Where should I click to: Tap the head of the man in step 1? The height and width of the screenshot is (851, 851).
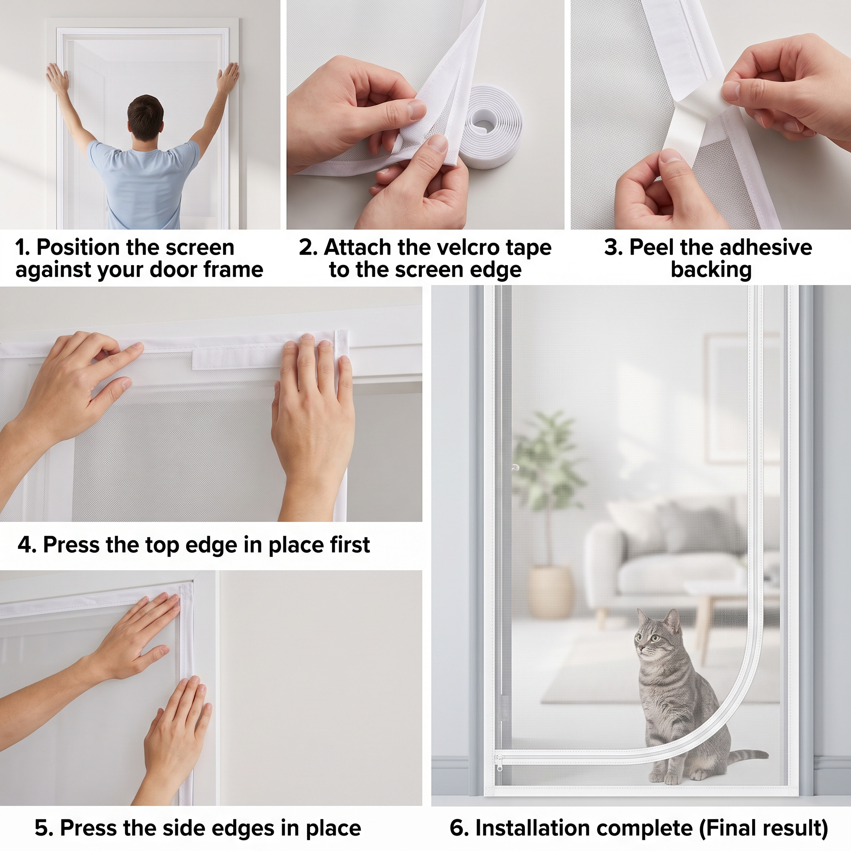tap(145, 118)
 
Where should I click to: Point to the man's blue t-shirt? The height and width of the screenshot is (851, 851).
tap(143, 183)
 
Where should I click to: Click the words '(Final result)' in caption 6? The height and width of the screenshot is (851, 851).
tap(764, 829)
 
